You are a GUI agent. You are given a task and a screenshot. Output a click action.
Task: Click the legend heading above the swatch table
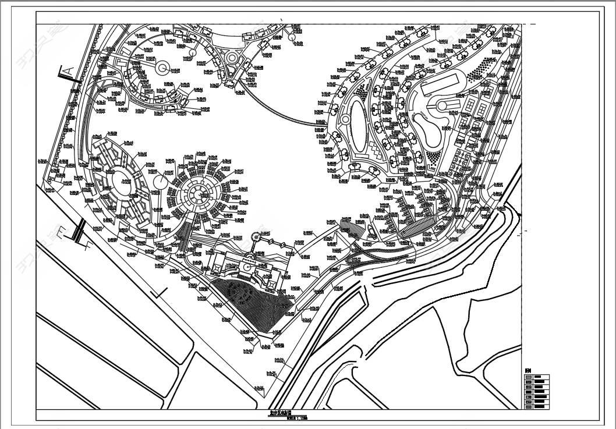(x=528, y=371)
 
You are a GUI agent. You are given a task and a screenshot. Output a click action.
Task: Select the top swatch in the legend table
(x=529, y=377)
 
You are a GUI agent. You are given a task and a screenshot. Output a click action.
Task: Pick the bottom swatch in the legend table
(x=529, y=405)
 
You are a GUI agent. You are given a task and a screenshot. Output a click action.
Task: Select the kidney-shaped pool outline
(x=429, y=128)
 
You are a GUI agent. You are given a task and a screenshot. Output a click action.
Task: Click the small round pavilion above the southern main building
(x=256, y=237)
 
